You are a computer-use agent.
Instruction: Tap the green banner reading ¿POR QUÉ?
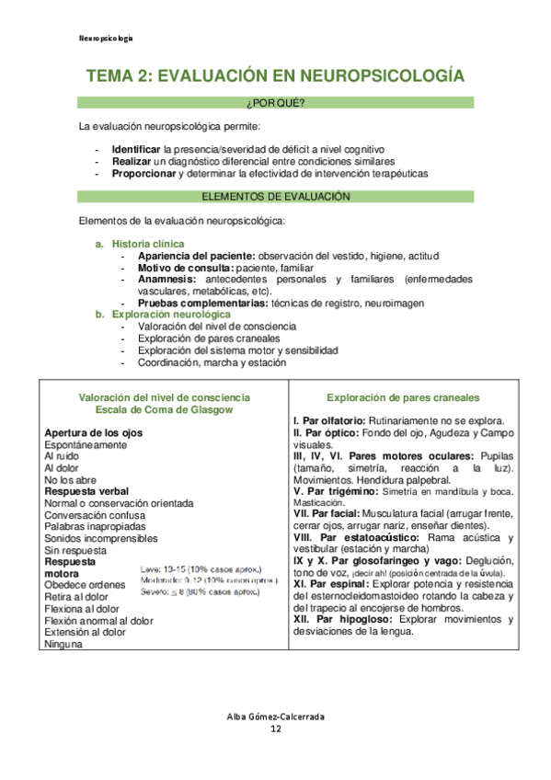pos(275,101)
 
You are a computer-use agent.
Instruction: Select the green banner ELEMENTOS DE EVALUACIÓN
pos(275,197)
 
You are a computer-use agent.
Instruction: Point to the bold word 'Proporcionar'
pos(143,173)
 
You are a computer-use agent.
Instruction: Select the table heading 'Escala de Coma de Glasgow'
pos(165,410)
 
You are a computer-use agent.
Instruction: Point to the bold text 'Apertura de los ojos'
pos(94,432)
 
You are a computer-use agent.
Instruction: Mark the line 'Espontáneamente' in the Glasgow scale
pos(86,444)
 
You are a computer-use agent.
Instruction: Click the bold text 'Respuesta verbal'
pos(86,491)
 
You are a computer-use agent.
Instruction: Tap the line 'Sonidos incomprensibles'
pos(100,538)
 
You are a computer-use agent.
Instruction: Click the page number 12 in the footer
pos(275,729)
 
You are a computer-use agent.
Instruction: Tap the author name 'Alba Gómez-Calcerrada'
pos(275,717)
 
